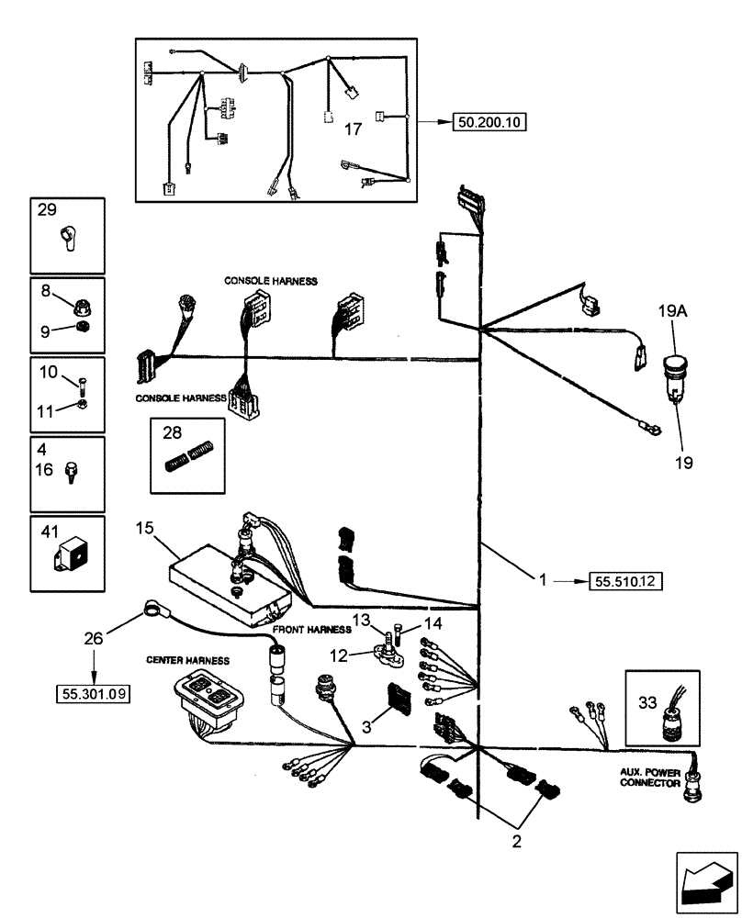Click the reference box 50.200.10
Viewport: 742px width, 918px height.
tap(489, 121)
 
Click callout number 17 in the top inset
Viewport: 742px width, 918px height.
tap(353, 129)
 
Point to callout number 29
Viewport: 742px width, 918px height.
tap(47, 210)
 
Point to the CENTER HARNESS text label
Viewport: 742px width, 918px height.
tap(187, 659)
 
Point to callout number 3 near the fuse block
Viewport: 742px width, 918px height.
tap(365, 726)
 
